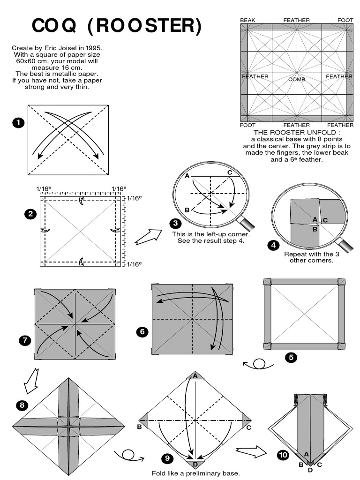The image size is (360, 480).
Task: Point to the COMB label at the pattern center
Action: tap(297, 80)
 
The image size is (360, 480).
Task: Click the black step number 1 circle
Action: tap(18, 123)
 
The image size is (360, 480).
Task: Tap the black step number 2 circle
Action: tap(30, 214)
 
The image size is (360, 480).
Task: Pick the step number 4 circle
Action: tap(273, 244)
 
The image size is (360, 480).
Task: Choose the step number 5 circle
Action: tap(291, 358)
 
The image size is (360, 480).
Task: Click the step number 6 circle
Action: tap(142, 332)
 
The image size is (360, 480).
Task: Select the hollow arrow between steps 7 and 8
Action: tap(31, 380)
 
